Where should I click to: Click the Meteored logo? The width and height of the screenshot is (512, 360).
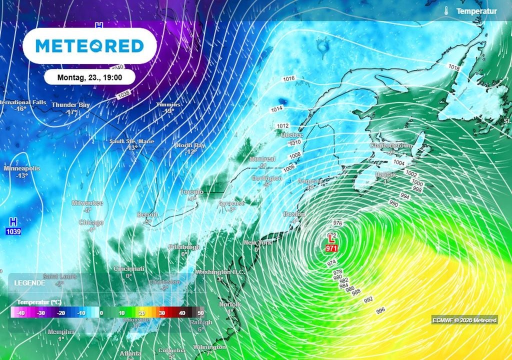click(x=90, y=46)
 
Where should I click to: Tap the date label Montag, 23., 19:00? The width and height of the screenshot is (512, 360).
click(x=89, y=77)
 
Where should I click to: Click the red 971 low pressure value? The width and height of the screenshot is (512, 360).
click(x=330, y=248)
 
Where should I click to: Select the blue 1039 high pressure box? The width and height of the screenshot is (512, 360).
click(x=13, y=231)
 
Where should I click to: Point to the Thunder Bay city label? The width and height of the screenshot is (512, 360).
click(x=71, y=105)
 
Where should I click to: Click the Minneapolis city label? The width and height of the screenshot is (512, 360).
click(x=21, y=168)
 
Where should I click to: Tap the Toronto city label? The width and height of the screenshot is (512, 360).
click(x=191, y=192)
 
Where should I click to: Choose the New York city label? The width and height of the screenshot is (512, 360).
click(x=257, y=243)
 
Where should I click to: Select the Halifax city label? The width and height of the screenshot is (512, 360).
click(x=385, y=174)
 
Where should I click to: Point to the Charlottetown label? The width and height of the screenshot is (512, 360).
click(x=391, y=145)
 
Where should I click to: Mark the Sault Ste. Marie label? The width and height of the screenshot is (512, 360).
click(x=132, y=141)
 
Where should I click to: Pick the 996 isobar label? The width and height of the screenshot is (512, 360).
click(x=380, y=310)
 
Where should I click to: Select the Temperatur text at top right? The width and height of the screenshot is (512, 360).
click(x=476, y=11)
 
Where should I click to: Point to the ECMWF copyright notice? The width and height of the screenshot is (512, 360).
click(x=464, y=320)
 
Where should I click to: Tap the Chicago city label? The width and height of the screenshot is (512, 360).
click(x=91, y=222)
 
